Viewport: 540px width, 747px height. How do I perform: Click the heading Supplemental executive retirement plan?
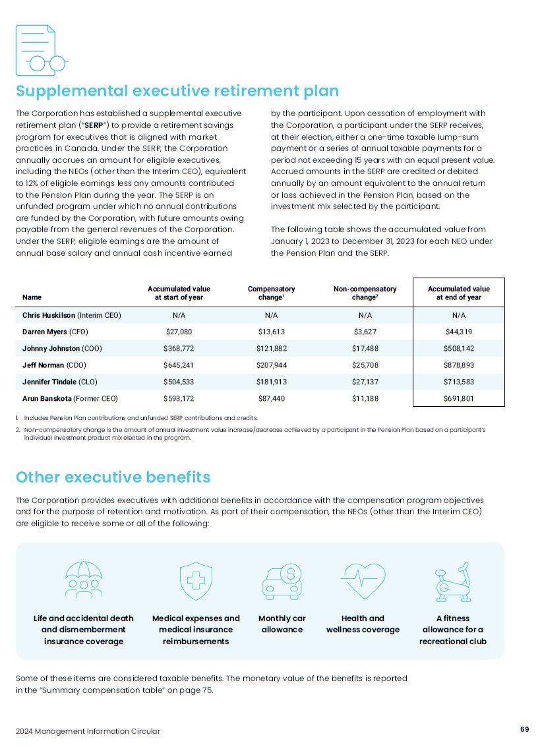pyautogui.click(x=177, y=91)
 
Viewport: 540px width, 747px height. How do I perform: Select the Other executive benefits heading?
pyautogui.click(x=113, y=477)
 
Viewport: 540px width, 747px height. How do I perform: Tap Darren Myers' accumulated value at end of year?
pyautogui.click(x=458, y=332)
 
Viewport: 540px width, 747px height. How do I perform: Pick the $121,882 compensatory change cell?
pyautogui.click(x=271, y=348)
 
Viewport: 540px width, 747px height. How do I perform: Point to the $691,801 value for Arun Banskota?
pyautogui.click(x=458, y=398)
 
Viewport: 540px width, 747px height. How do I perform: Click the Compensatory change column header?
pyautogui.click(x=271, y=293)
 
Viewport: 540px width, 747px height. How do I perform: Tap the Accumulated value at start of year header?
pyautogui.click(x=179, y=293)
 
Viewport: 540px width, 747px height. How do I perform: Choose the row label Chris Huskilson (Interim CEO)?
pyautogui.click(x=71, y=315)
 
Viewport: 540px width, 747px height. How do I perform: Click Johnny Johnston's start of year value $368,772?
pyautogui.click(x=179, y=348)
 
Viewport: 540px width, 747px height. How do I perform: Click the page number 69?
pyautogui.click(x=524, y=729)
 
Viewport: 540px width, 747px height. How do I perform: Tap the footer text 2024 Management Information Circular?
pyautogui.click(x=88, y=731)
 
